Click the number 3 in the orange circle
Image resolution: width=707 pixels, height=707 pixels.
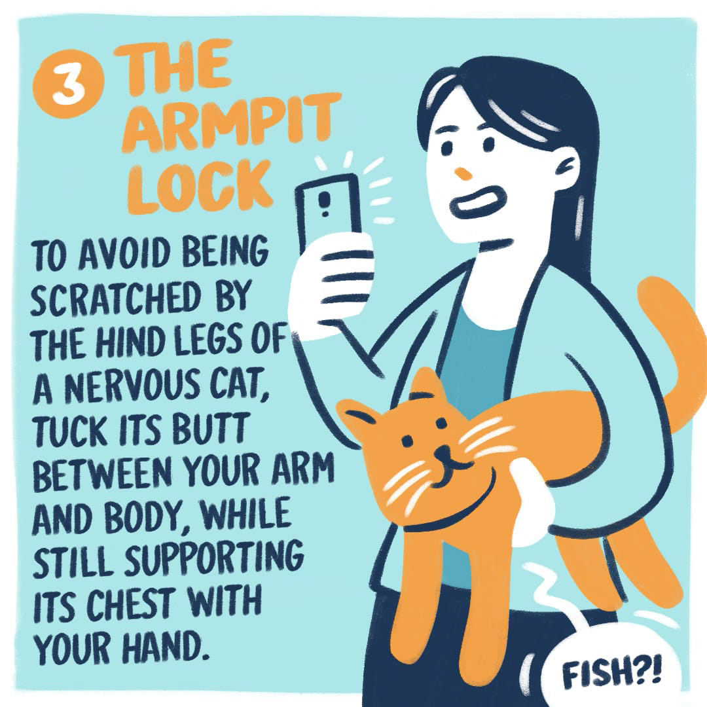coord(68,86)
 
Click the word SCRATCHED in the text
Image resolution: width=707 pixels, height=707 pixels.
coord(116,298)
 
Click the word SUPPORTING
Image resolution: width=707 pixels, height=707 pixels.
coord(214,559)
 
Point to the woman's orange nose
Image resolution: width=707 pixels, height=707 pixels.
coord(463,173)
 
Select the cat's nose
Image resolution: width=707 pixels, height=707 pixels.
coord(443,452)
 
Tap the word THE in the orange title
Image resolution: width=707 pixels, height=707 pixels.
coord(173,66)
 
